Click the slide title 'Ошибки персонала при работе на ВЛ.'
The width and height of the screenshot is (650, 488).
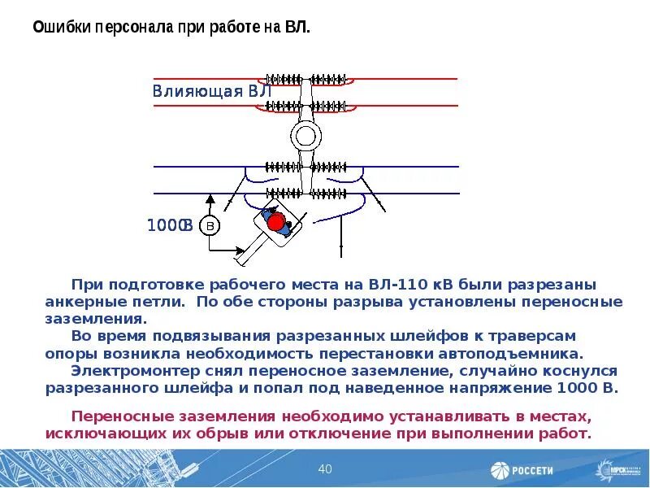[x=171, y=27]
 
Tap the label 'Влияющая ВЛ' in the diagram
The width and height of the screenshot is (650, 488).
[x=210, y=90]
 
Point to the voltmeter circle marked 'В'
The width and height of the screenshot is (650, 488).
[x=210, y=225]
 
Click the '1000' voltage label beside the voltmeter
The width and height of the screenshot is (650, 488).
[x=165, y=225]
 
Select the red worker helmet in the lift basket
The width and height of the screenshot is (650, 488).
[x=275, y=221]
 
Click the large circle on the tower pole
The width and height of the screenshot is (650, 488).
[x=306, y=135]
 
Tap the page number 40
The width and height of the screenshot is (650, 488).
[x=325, y=468]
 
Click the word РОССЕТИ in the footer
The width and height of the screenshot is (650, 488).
[x=532, y=470]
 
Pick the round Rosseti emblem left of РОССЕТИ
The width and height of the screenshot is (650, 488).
[x=499, y=470]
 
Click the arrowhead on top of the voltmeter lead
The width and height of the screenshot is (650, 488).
[x=210, y=198]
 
